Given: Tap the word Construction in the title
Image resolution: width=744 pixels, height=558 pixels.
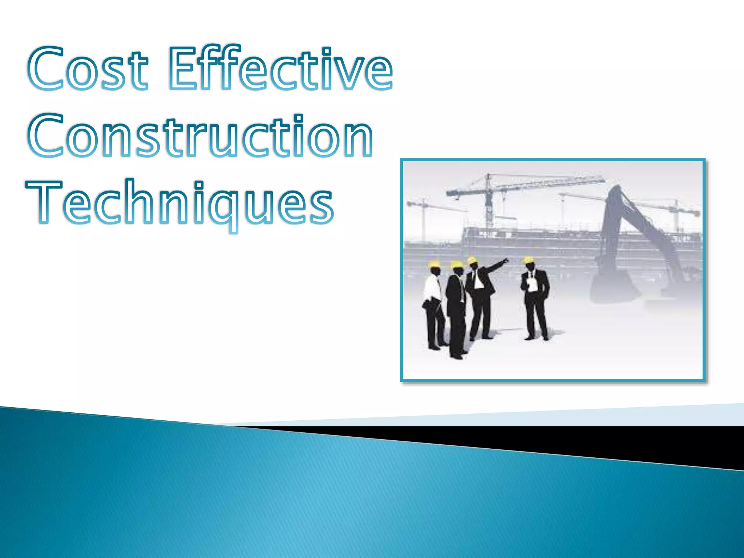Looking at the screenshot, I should coord(200,136).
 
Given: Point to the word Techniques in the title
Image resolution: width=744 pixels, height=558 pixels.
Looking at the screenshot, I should coord(180,203).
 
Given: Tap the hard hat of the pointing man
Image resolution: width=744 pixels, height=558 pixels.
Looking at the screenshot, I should coord(472,260).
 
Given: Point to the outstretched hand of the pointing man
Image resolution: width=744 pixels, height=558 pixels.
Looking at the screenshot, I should coord(506,260).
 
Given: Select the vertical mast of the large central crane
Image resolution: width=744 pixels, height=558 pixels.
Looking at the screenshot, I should coord(489,202).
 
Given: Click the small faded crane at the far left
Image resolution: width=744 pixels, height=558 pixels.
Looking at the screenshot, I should coord(423,214).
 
